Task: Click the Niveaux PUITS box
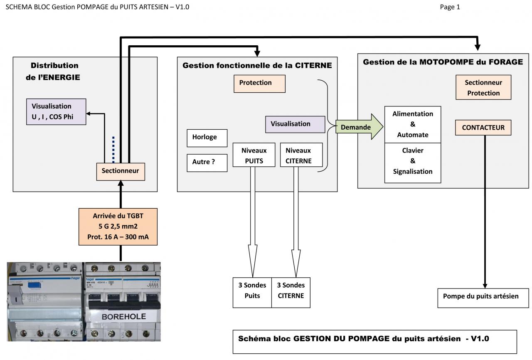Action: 254,155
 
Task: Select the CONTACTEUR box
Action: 483,128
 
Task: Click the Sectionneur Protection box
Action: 483,88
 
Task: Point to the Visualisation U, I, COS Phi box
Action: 56,111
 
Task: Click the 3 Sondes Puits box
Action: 252,292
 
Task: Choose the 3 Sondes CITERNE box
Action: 291,292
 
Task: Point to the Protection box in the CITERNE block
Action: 259,83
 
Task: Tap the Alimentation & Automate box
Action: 412,124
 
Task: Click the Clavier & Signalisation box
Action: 412,161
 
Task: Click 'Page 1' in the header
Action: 450,7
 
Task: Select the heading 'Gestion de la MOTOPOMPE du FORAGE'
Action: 443,62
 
